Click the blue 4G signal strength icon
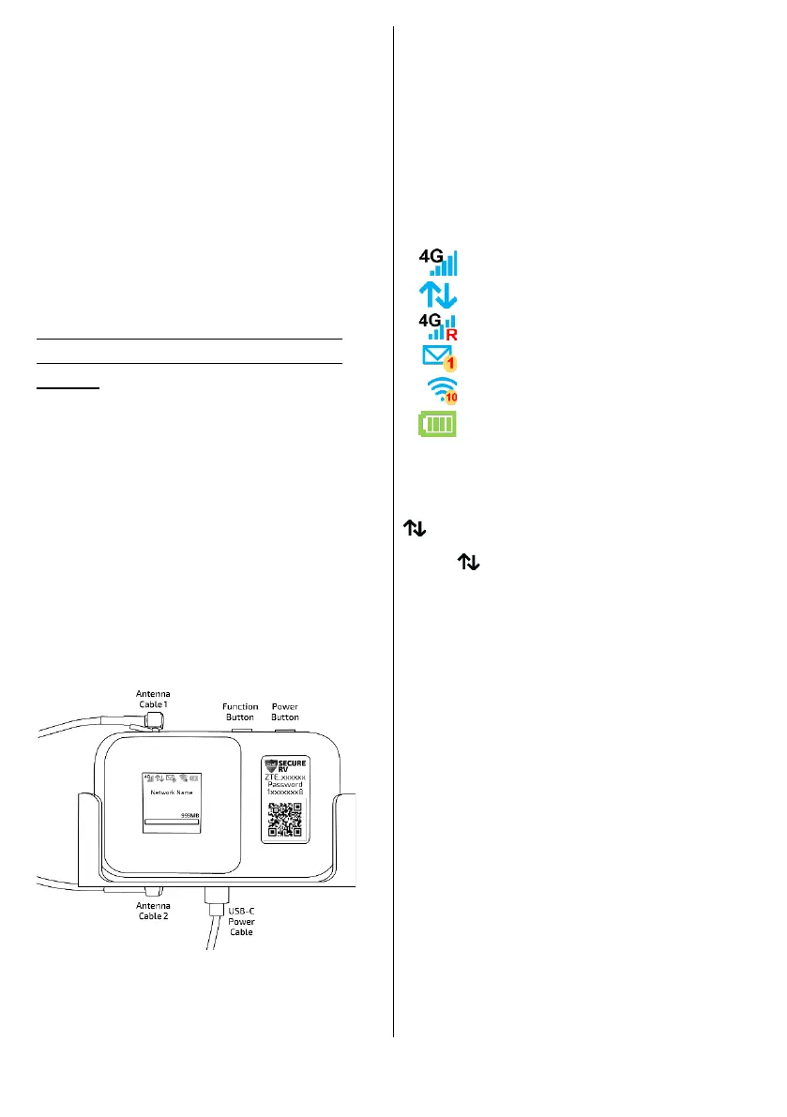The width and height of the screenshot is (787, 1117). pyautogui.click(x=439, y=261)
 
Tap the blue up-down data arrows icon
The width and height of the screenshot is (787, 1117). pyautogui.click(x=438, y=294)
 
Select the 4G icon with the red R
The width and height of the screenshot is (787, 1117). pyautogui.click(x=438, y=326)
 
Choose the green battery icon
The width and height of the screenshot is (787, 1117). pyautogui.click(x=438, y=425)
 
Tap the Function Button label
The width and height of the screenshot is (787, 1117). pyautogui.click(x=240, y=712)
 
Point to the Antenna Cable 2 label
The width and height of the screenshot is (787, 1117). pyautogui.click(x=154, y=911)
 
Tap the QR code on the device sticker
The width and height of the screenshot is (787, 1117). pyautogui.click(x=287, y=818)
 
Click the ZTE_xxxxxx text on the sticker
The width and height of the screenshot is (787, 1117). pyautogui.click(x=287, y=777)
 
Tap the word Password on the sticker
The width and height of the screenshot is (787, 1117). pyautogui.click(x=287, y=785)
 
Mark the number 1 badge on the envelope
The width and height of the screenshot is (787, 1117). pyautogui.click(x=450, y=363)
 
